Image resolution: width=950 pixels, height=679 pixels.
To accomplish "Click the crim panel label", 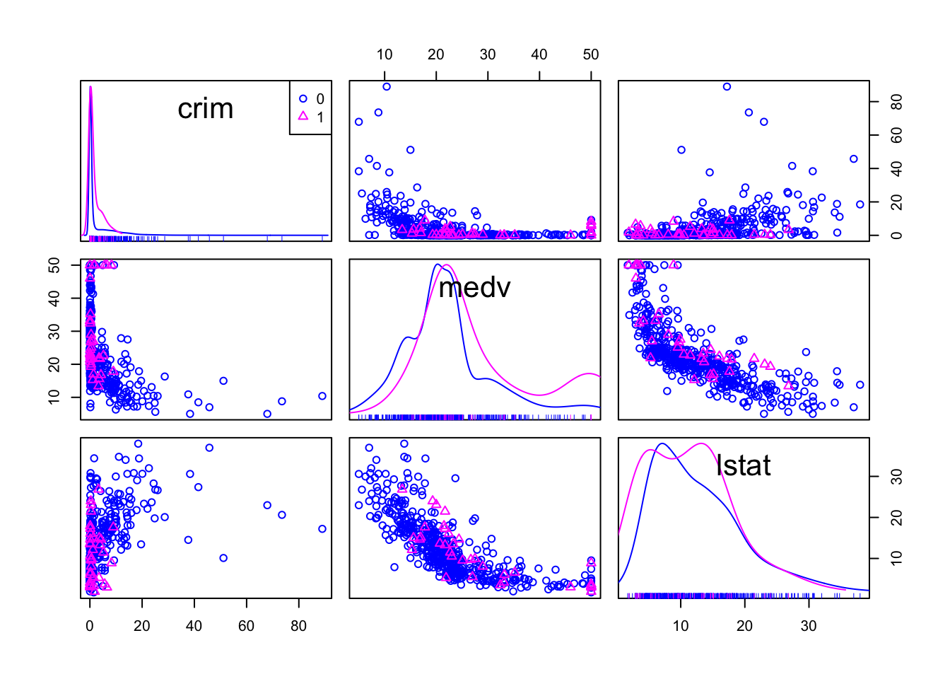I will pyautogui.click(x=205, y=109).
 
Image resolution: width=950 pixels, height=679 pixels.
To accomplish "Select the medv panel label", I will pyautogui.click(x=474, y=287).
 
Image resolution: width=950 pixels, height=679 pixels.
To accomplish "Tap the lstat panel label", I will pyautogui.click(x=743, y=465).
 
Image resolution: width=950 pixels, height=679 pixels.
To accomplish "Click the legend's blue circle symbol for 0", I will pyautogui.click(x=304, y=99).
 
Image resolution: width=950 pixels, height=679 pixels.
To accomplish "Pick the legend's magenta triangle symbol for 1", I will pyautogui.click(x=304, y=116).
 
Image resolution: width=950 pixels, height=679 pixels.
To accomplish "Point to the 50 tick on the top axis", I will pyautogui.click(x=591, y=55).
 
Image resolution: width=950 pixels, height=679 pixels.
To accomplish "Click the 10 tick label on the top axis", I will pyautogui.click(x=385, y=55).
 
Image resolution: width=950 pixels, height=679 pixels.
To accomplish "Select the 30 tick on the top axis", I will pyautogui.click(x=488, y=55).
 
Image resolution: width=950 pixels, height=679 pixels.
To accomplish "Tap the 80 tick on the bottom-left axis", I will pyautogui.click(x=298, y=625).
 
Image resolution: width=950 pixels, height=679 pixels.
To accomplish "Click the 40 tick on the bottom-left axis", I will pyautogui.click(x=194, y=625).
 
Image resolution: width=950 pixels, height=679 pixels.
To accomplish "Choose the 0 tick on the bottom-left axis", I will pyautogui.click(x=90, y=625).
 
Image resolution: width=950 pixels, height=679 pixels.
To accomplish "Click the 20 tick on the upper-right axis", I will pyautogui.click(x=896, y=202).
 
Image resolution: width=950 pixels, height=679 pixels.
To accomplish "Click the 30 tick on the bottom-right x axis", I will pyautogui.click(x=809, y=625).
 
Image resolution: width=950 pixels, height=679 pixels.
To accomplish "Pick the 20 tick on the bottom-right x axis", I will pyautogui.click(x=744, y=625).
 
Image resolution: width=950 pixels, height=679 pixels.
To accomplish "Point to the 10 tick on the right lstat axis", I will pyautogui.click(x=896, y=558).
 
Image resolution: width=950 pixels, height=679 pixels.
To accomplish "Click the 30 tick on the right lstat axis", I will pyautogui.click(x=896, y=476).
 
